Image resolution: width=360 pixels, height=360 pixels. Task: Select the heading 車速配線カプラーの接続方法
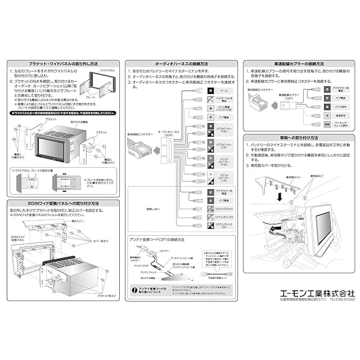tap(298, 64)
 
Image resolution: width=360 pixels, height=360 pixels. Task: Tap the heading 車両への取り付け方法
tap(298, 138)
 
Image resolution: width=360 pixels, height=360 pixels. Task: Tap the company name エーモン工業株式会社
tap(311, 292)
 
